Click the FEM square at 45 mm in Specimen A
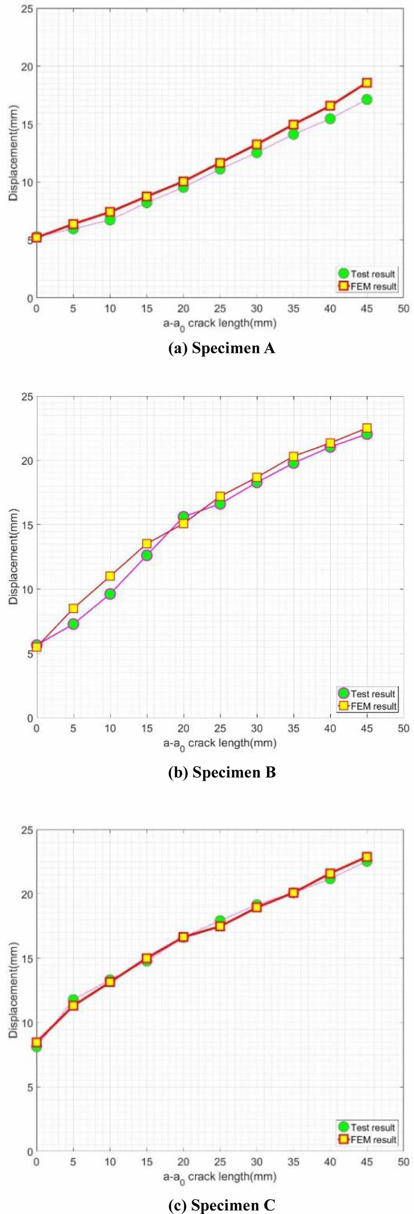click(x=367, y=83)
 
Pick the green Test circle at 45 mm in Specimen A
click(x=367, y=99)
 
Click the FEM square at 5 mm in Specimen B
click(x=73, y=609)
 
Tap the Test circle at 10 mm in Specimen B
click(x=110, y=594)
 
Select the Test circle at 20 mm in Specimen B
click(x=183, y=517)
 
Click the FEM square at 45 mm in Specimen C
click(x=367, y=857)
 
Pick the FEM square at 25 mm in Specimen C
click(x=220, y=926)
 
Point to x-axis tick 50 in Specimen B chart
click(x=403, y=728)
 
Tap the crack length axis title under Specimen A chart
click(x=219, y=324)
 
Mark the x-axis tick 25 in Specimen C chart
click(x=220, y=1162)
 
